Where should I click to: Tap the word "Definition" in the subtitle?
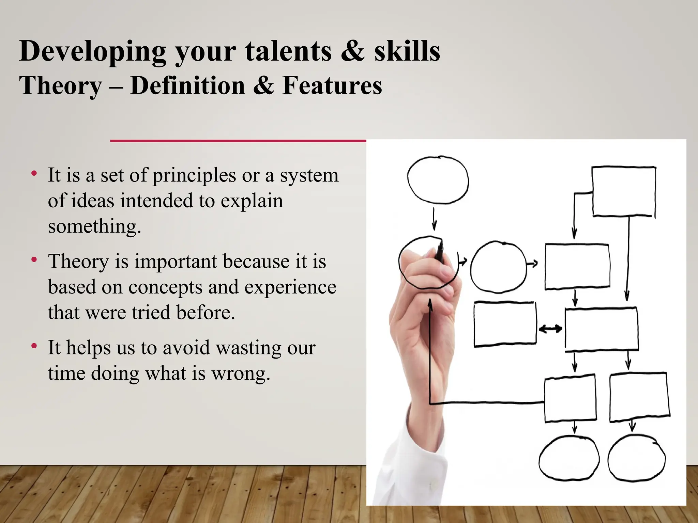point(187,85)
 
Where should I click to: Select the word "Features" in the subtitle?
point(332,85)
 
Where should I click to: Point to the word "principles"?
point(194,176)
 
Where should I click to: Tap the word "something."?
point(94,227)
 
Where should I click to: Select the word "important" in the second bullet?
point(176,261)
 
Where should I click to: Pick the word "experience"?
point(290,287)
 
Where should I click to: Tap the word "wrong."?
point(241,374)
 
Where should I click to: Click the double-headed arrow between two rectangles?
point(550,329)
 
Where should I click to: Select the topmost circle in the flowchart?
point(438,180)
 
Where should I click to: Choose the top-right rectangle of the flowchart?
point(624,191)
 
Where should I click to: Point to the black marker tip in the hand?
point(440,252)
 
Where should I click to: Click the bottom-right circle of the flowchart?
point(636,458)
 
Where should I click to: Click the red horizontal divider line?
point(238,141)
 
